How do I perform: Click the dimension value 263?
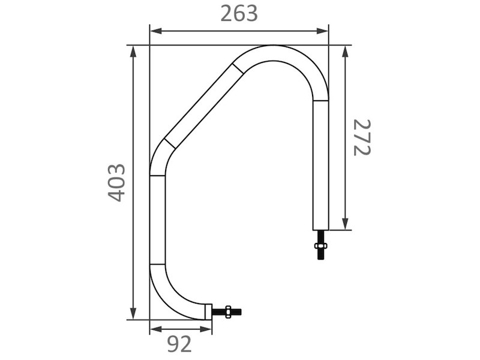click(239, 14)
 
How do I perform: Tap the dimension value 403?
click(117, 183)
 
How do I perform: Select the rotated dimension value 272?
click(362, 137)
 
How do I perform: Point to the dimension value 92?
click(179, 344)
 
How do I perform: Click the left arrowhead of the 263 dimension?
click(155, 31)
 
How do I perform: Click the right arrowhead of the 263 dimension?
click(322, 31)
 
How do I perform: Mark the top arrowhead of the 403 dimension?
click(133, 52)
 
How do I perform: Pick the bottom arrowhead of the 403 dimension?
click(133, 314)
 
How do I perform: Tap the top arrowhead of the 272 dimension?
click(346, 52)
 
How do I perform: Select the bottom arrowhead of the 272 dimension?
click(346, 224)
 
